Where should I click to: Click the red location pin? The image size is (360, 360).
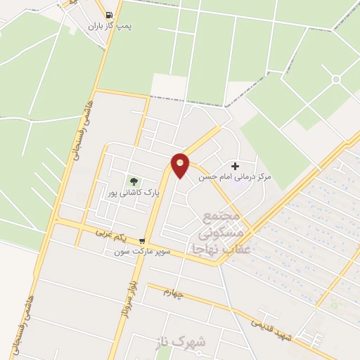click(181, 165)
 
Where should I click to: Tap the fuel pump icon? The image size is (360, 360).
click(108, 15)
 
